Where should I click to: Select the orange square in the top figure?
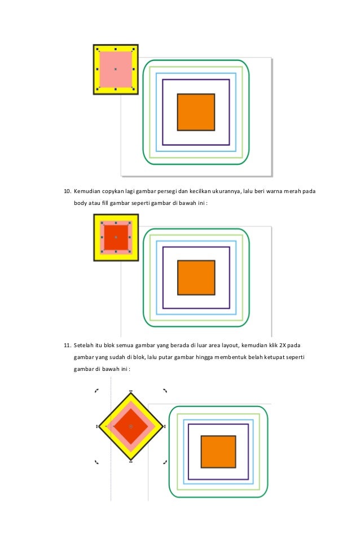click(196, 112)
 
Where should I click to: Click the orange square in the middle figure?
click(196, 277)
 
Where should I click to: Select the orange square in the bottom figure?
click(218, 451)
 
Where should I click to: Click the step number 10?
click(66, 191)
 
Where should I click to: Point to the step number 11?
click(66, 344)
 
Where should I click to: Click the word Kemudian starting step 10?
click(86, 191)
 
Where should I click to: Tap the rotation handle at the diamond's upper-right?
click(165, 390)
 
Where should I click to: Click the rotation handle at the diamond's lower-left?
click(96, 462)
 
